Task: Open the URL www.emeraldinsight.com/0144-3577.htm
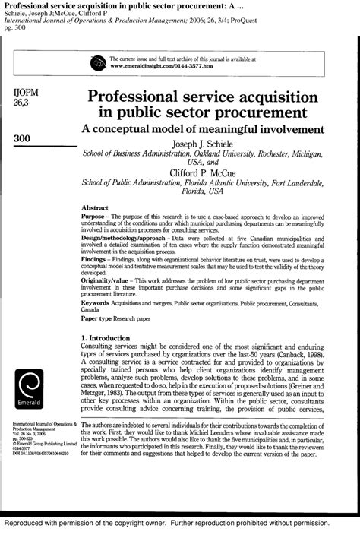[x=169, y=67]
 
